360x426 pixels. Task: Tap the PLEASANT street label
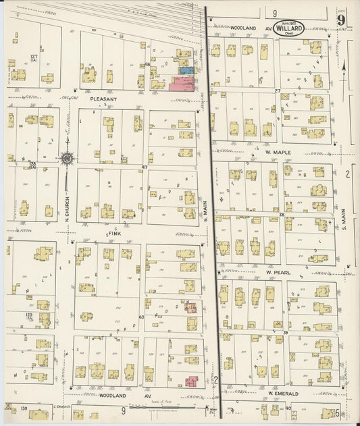pyautogui.click(x=103, y=99)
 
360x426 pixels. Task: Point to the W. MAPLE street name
pyautogui.click(x=277, y=153)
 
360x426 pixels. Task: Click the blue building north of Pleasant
pyautogui.click(x=187, y=70)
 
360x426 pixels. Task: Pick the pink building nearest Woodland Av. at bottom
pyautogui.click(x=191, y=381)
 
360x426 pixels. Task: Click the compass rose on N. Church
pyautogui.click(x=68, y=159)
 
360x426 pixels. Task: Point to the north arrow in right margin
pyautogui.click(x=345, y=68)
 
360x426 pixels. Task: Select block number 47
pyautogui.click(x=144, y=167)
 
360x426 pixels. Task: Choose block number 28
pyautogui.click(x=281, y=214)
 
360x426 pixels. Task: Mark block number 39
pyautogui.click(x=285, y=333)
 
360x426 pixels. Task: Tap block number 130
pyautogui.click(x=24, y=408)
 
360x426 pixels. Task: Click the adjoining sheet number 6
pyautogui.click(x=336, y=412)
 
